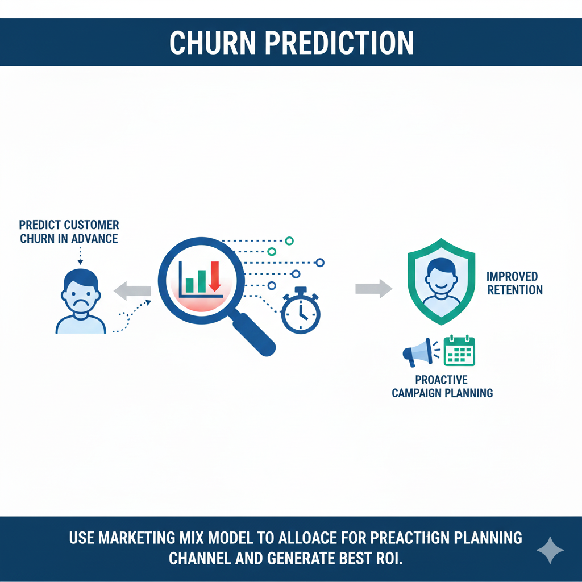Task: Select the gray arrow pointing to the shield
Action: [x=373, y=288]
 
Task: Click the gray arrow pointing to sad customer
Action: [x=132, y=292]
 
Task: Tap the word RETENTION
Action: [x=515, y=290]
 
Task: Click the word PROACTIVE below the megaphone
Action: [x=442, y=380]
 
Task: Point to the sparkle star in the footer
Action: [x=550, y=550]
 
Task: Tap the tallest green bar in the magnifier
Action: [x=201, y=280]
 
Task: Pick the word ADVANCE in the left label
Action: [x=94, y=239]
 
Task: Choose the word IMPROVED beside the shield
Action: [x=512, y=277]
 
